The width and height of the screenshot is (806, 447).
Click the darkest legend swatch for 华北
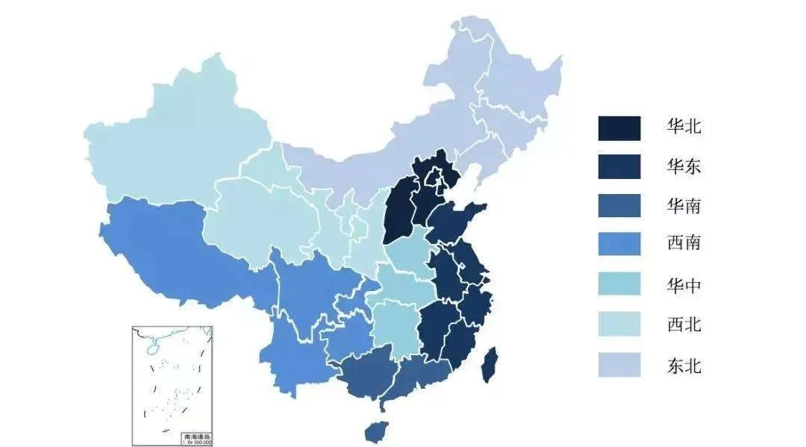coord(619,128)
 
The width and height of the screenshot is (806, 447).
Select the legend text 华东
coord(684,166)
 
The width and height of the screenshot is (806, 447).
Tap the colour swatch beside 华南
coord(619,205)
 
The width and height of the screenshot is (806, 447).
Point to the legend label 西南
coord(684,243)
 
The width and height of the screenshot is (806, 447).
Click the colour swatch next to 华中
coord(619,284)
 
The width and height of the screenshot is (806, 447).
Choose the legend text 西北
coord(684,325)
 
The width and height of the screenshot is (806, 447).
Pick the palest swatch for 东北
coord(619,364)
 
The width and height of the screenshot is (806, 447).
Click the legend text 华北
coord(684,127)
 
